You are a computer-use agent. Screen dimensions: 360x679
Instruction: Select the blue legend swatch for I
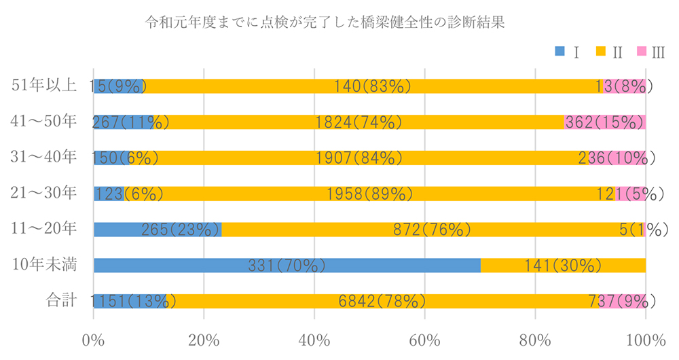(x=559, y=51)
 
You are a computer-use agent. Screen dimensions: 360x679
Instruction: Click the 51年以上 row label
(x=45, y=86)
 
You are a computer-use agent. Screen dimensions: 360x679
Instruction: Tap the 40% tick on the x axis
(x=314, y=339)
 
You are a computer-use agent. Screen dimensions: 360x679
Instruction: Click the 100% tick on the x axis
(x=645, y=339)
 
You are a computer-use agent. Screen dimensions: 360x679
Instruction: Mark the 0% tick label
(x=94, y=339)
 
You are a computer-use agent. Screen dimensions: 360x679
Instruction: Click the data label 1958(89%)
(x=369, y=194)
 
